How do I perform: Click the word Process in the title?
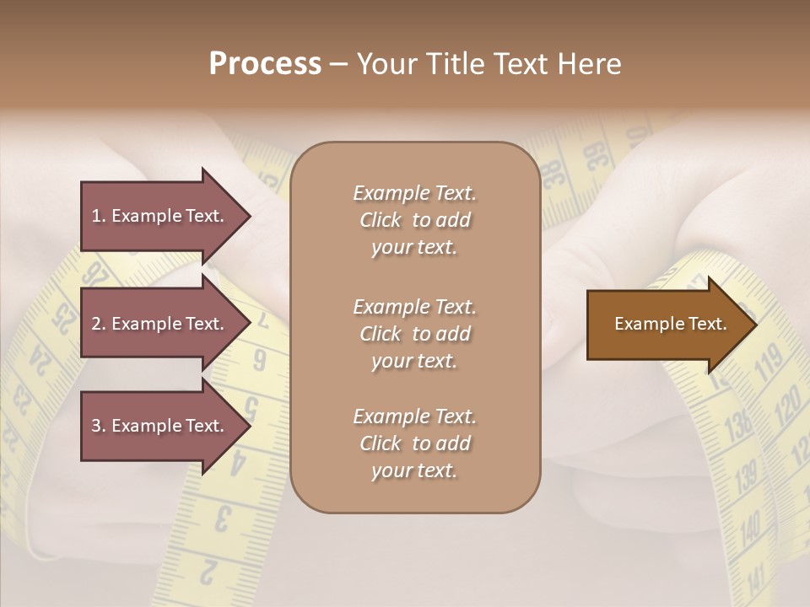265,64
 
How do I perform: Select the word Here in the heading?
591,64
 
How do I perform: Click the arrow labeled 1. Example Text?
160,216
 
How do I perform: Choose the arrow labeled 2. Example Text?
160,324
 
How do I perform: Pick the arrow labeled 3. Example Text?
160,426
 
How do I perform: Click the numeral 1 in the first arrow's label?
95,216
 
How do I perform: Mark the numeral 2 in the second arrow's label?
96,324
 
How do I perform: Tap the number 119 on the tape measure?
769,363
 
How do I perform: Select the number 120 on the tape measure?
786,409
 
